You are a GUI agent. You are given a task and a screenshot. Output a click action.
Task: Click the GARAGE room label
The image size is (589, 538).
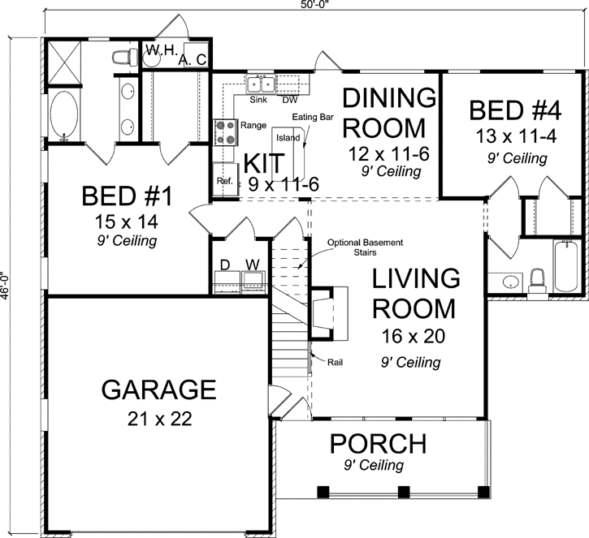(158, 390)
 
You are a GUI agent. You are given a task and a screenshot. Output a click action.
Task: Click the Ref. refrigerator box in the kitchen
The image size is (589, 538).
(223, 181)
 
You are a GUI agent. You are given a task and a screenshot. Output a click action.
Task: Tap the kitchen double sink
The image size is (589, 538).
(261, 84)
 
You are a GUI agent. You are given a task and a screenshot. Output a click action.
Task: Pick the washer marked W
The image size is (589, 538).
(253, 275)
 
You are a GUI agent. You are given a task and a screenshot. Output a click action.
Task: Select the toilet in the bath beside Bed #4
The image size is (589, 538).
(536, 280)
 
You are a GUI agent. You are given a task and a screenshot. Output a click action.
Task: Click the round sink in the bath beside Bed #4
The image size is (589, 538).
(509, 282)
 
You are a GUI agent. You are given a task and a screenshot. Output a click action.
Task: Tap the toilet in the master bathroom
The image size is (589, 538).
(122, 57)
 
